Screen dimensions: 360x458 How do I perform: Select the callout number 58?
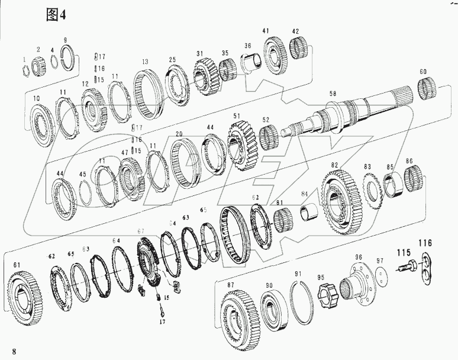333,94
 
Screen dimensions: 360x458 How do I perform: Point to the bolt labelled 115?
406,266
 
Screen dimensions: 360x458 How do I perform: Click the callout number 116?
425,243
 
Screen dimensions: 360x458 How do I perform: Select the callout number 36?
247,46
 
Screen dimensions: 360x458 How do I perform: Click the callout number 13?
144,62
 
